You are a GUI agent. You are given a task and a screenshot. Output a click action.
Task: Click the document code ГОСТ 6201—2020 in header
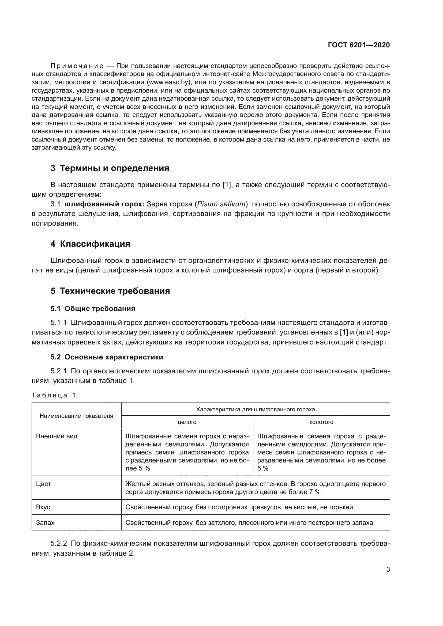click(359, 45)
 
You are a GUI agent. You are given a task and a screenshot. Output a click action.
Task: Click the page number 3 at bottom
click(388, 569)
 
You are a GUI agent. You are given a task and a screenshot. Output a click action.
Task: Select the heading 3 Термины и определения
click(110, 168)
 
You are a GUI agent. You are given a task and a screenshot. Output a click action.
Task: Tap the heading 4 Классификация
click(90, 244)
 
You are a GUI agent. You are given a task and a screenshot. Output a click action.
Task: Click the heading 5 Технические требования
click(110, 291)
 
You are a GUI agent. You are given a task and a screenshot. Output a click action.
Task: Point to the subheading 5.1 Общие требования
click(93, 309)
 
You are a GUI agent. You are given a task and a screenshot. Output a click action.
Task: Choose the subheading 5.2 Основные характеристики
click(107, 357)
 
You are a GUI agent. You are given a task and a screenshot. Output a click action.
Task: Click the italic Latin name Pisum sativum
click(221, 204)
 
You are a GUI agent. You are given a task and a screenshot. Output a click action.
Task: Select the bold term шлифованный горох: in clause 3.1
click(105, 204)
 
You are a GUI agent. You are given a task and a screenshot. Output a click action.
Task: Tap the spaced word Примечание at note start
click(77, 66)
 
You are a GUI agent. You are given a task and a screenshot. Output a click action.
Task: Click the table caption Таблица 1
click(54, 395)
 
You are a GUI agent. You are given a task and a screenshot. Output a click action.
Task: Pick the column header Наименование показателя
click(76, 416)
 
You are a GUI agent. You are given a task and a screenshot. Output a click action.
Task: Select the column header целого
click(187, 422)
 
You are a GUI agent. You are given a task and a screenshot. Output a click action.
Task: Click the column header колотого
click(321, 422)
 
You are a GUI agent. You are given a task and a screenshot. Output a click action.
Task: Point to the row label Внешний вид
click(57, 436)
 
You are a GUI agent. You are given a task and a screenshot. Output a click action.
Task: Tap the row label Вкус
click(43, 507)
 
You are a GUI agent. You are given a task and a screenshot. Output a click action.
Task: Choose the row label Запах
click(45, 523)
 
